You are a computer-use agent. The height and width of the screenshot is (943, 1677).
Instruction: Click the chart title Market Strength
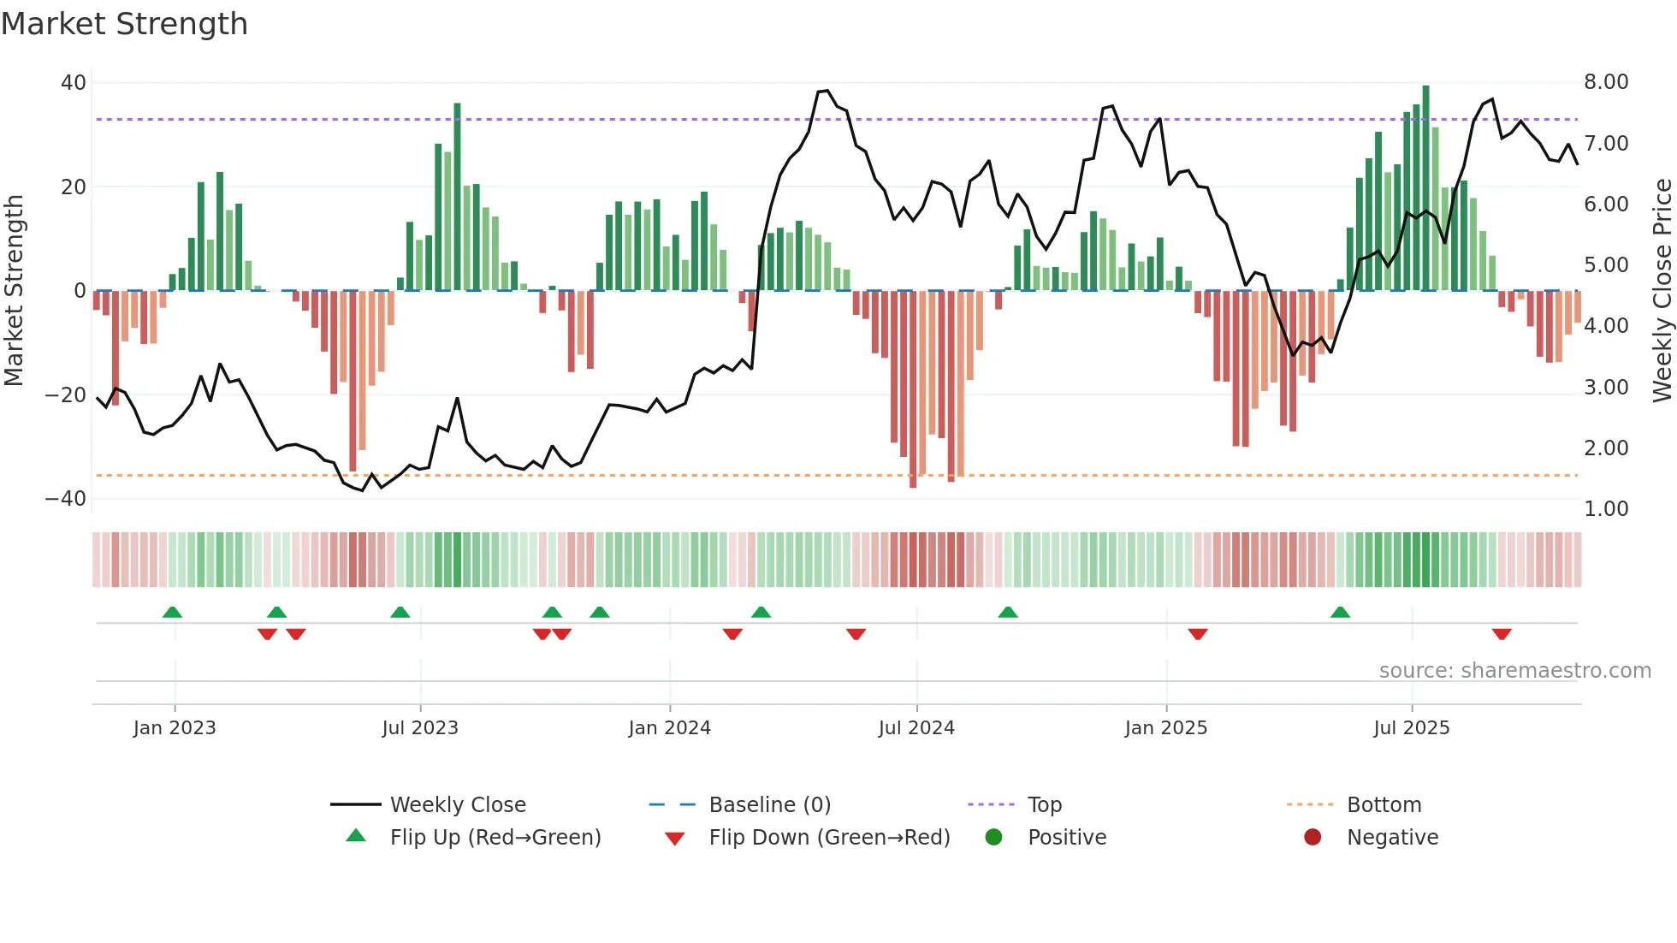point(124,24)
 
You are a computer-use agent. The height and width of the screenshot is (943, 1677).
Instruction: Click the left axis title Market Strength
point(15,290)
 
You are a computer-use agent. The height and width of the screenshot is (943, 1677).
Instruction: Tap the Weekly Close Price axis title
point(1662,290)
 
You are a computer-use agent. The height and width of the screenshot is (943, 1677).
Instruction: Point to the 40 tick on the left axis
point(73,83)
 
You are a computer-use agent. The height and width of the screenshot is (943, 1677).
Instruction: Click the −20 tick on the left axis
point(65,395)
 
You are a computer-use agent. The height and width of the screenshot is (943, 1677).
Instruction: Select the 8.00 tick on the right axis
point(1606,82)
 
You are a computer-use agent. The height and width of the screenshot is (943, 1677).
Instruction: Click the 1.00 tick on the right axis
point(1606,509)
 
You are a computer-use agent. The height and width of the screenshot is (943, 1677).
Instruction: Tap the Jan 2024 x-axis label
point(669,728)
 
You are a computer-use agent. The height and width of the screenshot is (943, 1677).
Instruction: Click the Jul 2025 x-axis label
point(1411,728)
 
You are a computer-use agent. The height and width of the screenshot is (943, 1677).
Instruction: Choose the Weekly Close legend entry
point(458,805)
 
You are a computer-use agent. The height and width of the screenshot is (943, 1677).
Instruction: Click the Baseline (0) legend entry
point(769,805)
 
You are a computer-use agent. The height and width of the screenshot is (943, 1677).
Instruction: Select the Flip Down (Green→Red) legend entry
point(829,838)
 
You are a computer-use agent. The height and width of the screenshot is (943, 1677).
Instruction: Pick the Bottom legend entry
point(1384,805)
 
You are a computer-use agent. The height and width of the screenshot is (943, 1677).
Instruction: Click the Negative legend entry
point(1392,838)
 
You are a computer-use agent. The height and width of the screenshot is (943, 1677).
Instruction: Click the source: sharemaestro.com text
point(1514,671)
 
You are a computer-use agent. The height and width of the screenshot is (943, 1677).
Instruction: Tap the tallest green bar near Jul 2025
point(1425,188)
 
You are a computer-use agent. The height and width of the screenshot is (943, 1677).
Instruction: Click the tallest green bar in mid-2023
point(457,197)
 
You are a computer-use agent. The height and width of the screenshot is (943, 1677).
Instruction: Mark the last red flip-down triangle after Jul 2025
point(1502,634)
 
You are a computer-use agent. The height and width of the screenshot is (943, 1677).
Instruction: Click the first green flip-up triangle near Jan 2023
point(172,612)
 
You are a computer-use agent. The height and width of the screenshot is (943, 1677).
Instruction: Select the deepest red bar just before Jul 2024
point(913,389)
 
